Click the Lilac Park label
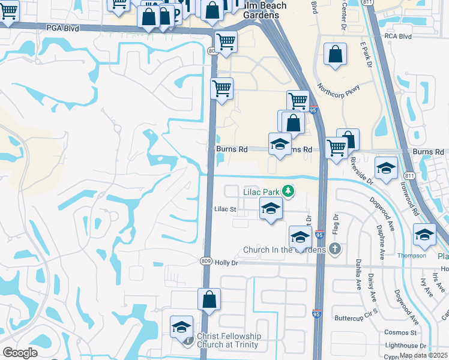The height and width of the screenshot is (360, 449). pyautogui.click(x=262, y=192)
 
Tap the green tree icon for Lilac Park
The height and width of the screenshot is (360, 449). pyautogui.click(x=289, y=191)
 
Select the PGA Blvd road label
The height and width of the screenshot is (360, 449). pyautogui.click(x=62, y=28)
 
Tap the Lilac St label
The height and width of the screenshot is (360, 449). pyautogui.click(x=226, y=209)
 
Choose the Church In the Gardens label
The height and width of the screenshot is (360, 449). pyautogui.click(x=284, y=250)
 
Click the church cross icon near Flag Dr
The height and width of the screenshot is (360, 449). pyautogui.click(x=336, y=248)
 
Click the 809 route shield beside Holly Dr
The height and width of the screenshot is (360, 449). pyautogui.click(x=206, y=262)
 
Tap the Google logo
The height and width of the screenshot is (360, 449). pyautogui.click(x=20, y=353)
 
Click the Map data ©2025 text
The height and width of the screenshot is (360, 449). pyautogui.click(x=424, y=355)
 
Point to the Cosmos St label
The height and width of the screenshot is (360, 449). pyautogui.click(x=401, y=332)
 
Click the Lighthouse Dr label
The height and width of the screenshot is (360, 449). pyautogui.click(x=406, y=346)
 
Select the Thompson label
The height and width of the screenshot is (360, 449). pyautogui.click(x=411, y=256)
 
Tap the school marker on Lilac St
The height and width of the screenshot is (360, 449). pyautogui.click(x=271, y=209)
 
